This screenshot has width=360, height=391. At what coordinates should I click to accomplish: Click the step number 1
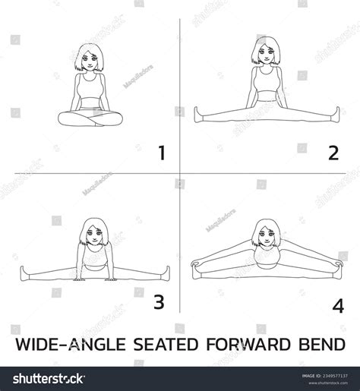[x=160, y=155]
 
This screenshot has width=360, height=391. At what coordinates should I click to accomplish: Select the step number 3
[x=159, y=302]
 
